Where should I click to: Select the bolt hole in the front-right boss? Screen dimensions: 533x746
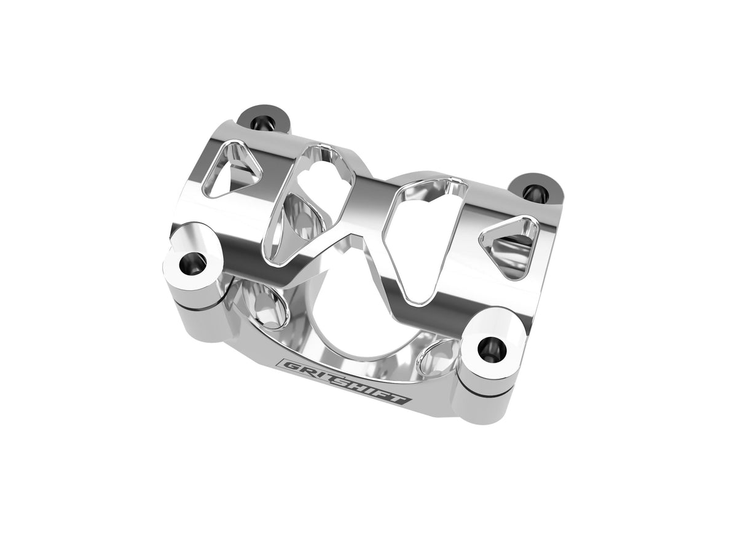pos(492,350)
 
